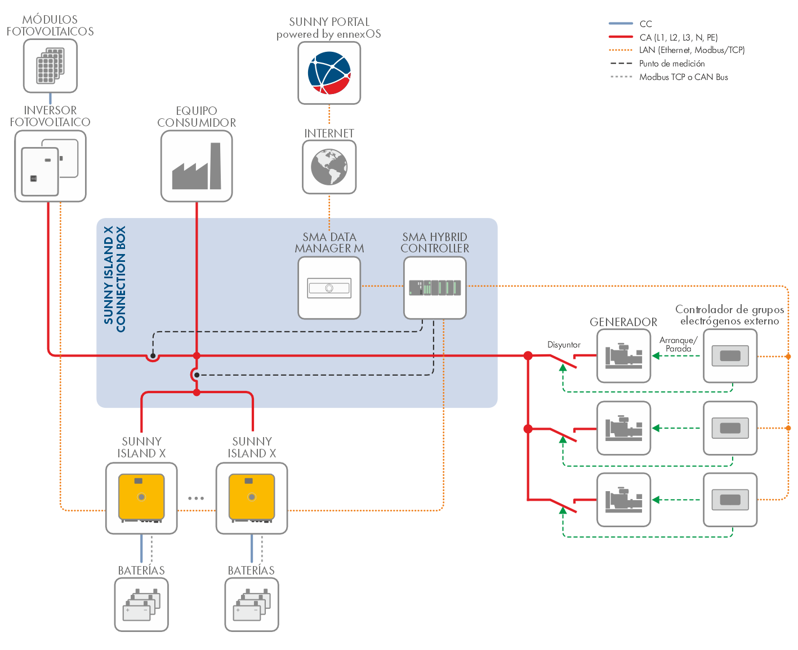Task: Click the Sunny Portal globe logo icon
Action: (x=329, y=73)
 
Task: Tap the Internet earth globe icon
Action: (x=329, y=167)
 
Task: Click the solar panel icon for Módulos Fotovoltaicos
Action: (x=50, y=65)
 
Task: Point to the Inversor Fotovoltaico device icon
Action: (x=50, y=166)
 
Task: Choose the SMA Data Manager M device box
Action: (x=329, y=288)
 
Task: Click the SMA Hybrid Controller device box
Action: (x=435, y=288)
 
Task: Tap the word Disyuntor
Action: (x=564, y=345)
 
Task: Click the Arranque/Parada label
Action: (x=678, y=344)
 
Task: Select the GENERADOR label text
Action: (x=623, y=322)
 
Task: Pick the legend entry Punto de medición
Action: (x=672, y=64)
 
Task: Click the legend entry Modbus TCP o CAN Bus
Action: (x=683, y=77)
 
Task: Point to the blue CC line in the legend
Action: (x=621, y=24)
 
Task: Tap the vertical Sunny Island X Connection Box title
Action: (x=115, y=279)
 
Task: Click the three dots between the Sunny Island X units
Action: (x=196, y=498)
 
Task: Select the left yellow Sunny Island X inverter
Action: (x=141, y=497)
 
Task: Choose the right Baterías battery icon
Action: (x=252, y=604)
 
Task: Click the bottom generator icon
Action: (x=623, y=500)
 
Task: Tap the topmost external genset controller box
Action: (x=730, y=356)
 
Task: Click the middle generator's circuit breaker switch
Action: (x=563, y=434)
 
